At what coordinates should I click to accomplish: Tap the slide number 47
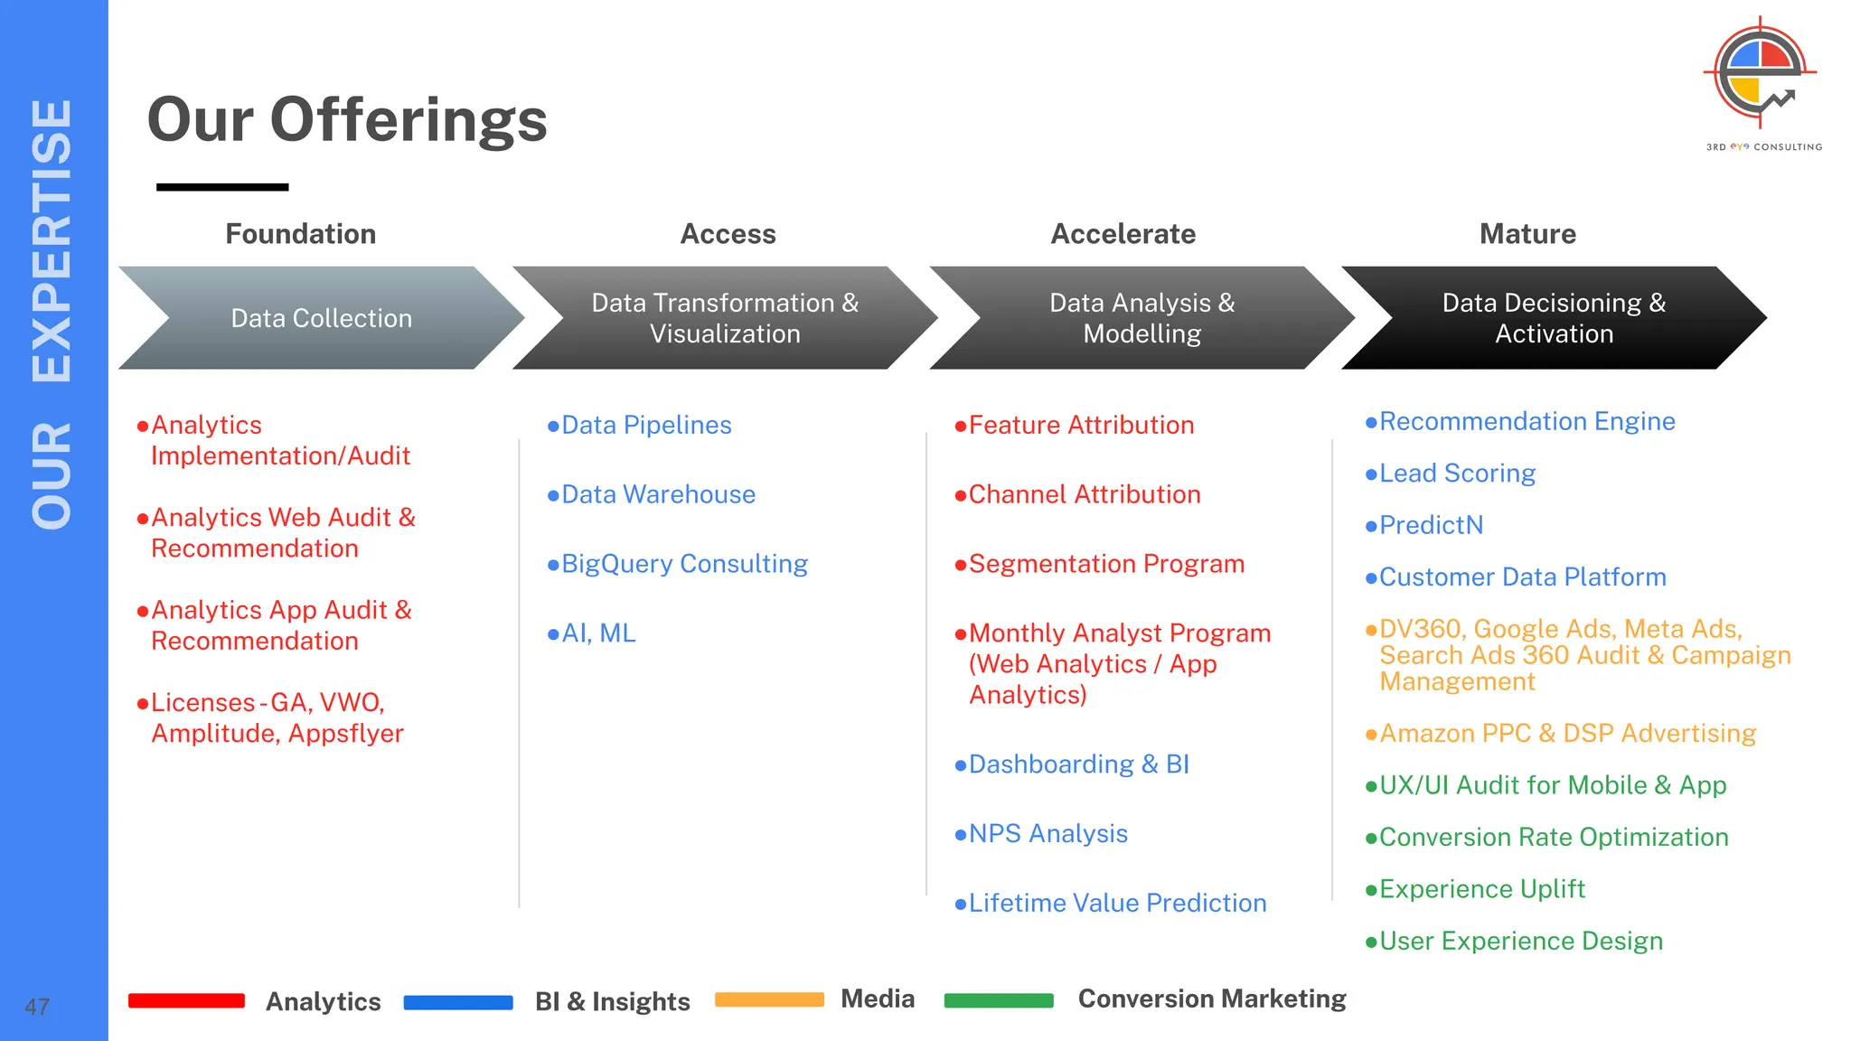click(x=37, y=1007)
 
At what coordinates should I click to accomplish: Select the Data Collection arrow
click(x=321, y=318)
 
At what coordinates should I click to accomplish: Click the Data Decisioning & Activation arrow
click(x=1553, y=318)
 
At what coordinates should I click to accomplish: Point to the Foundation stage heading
click(x=300, y=234)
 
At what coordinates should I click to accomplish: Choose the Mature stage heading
click(x=1527, y=234)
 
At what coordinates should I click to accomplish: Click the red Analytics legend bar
click(x=186, y=1000)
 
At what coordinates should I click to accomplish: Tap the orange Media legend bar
click(x=769, y=999)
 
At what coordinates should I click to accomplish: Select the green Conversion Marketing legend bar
click(x=999, y=1000)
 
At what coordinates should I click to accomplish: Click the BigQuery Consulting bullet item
click(x=683, y=564)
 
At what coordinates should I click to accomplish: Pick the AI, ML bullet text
click(x=598, y=633)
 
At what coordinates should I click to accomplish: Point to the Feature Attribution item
click(x=1081, y=425)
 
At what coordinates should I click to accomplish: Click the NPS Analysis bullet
click(x=1048, y=834)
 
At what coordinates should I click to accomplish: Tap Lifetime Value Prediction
click(x=1117, y=903)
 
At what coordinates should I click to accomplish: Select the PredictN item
click(x=1431, y=525)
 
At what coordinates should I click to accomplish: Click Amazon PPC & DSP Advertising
click(x=1567, y=733)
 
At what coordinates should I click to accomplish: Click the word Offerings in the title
click(x=409, y=120)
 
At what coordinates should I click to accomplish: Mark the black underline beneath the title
click(x=222, y=187)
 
